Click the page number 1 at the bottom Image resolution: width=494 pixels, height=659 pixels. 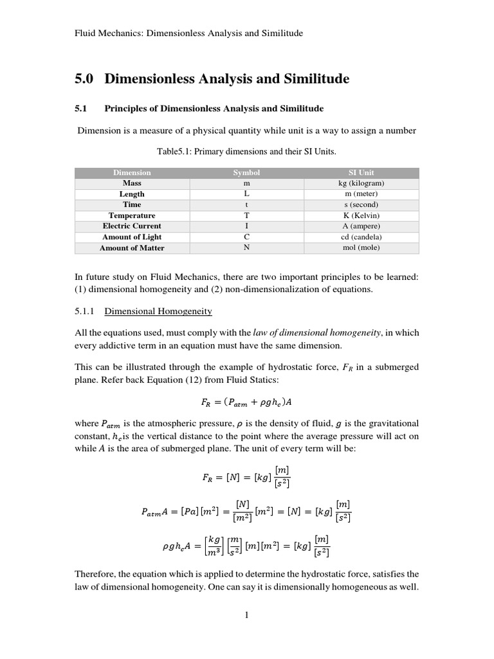(x=246, y=615)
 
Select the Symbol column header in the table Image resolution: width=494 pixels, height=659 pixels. (x=246, y=172)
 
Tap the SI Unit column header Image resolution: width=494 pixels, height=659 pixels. (x=361, y=172)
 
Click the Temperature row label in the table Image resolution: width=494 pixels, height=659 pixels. (x=132, y=216)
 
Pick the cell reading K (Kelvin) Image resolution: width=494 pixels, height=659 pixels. (x=361, y=216)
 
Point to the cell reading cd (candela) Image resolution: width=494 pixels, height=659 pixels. (x=361, y=237)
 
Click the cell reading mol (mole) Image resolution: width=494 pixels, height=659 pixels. (x=361, y=248)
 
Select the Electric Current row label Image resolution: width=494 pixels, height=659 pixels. (x=132, y=226)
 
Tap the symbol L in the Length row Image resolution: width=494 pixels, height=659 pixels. (x=246, y=194)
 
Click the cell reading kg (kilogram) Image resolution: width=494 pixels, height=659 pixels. (x=361, y=183)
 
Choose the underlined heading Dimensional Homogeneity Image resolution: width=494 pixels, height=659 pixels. (x=158, y=311)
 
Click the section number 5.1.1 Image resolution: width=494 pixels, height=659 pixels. (x=85, y=311)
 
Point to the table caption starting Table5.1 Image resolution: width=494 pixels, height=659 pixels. (x=246, y=151)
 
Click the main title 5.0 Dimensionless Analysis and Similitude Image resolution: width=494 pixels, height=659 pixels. (x=212, y=79)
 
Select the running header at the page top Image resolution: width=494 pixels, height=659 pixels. (x=188, y=32)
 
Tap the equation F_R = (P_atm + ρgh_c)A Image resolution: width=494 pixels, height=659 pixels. (x=246, y=402)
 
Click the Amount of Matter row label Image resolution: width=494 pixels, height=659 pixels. (x=132, y=248)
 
